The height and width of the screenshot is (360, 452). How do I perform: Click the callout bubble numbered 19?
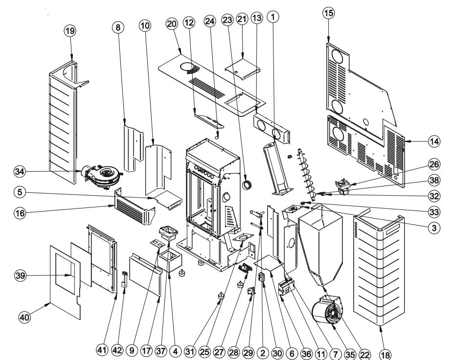coord(70,31)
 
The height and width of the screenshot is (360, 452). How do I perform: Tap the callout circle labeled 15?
coord(329,13)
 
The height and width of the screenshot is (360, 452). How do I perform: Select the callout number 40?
coord(25,317)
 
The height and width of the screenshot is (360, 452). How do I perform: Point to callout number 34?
coord(20,172)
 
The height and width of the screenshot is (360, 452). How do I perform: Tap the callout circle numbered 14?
coord(434,141)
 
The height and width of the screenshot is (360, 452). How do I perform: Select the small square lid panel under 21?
coord(243,69)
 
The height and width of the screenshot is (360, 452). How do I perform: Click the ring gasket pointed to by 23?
coord(247,185)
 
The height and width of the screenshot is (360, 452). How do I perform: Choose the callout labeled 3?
coord(434,228)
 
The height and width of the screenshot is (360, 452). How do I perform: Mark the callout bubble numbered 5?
coord(20,192)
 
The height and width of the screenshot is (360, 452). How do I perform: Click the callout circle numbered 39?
coord(20,276)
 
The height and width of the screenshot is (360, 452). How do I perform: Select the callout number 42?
coord(117,350)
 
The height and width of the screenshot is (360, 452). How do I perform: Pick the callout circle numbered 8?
coord(118,27)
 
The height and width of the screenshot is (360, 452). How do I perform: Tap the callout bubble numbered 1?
coord(273,17)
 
